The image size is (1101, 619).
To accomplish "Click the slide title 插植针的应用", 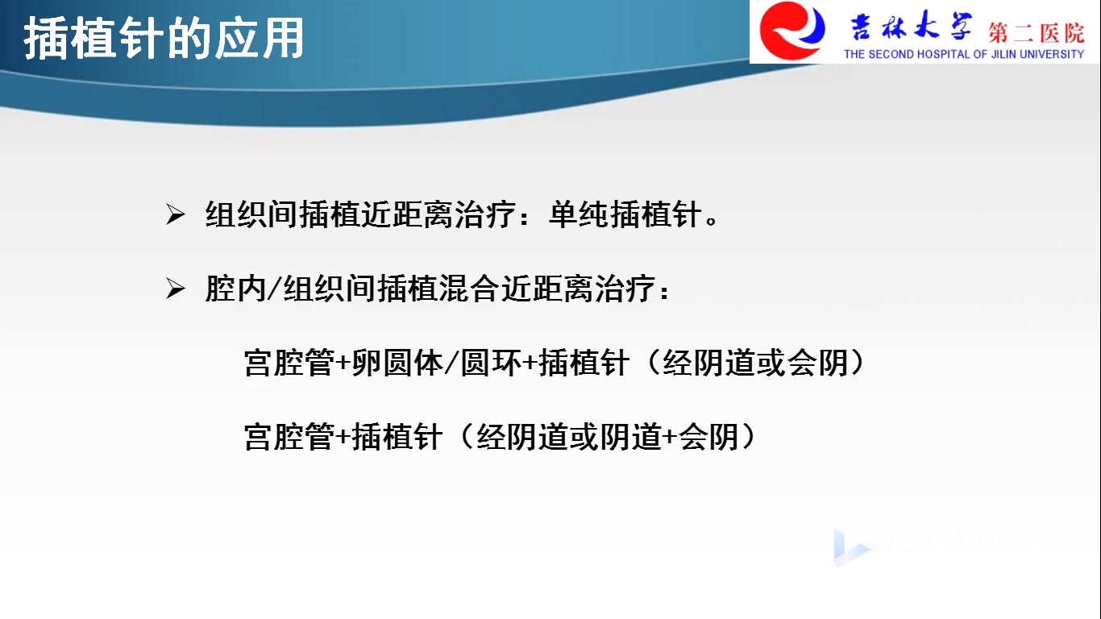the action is [x=164, y=39].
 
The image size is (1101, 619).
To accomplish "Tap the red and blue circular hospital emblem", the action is [x=792, y=31].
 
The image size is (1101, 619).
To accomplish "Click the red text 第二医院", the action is [x=1037, y=33].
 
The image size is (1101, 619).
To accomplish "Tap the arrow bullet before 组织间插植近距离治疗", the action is [x=176, y=214].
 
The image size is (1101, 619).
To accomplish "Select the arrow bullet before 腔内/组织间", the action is [x=176, y=288].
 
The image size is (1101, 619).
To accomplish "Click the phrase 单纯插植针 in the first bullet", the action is [x=625, y=214].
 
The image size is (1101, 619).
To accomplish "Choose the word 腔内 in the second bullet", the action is [x=235, y=288].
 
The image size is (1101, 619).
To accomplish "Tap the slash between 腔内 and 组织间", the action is [x=274, y=288].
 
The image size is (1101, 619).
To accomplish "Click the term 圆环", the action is [x=492, y=363].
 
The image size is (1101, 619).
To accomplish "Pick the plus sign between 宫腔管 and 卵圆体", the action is [x=343, y=364].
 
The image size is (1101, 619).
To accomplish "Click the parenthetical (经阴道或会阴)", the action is [x=754, y=363].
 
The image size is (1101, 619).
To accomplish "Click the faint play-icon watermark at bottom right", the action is [x=850, y=546].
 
